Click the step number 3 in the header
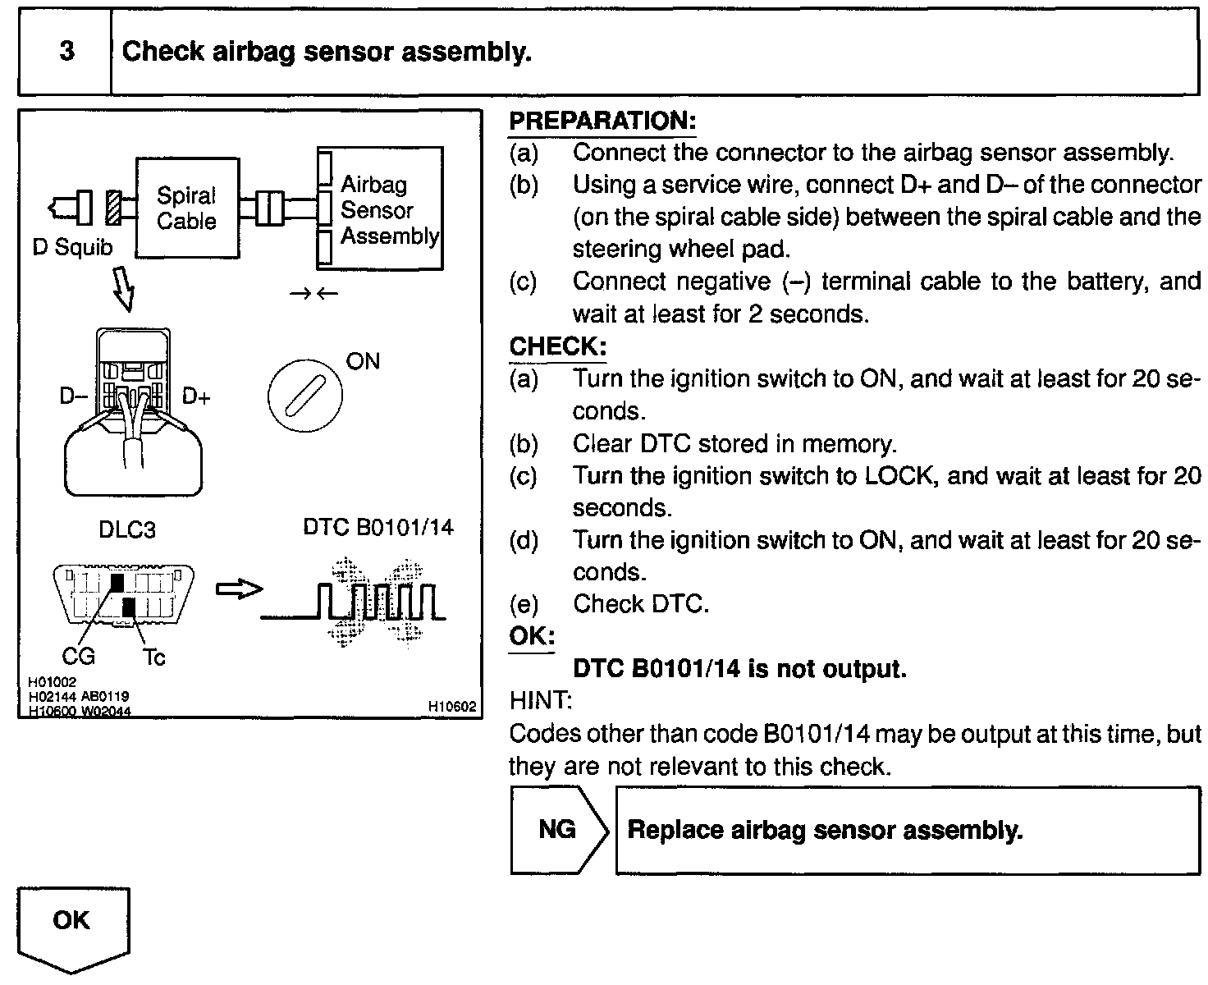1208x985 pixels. click(66, 52)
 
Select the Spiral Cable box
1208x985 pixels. click(187, 208)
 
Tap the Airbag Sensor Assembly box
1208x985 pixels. click(380, 209)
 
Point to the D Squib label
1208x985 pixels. click(72, 247)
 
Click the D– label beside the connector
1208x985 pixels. click(73, 396)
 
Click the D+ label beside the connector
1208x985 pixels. click(196, 397)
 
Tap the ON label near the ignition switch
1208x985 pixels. click(363, 361)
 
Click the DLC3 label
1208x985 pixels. click(126, 529)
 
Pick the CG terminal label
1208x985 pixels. click(79, 656)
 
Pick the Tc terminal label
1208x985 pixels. click(153, 657)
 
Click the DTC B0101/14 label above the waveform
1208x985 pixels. click(378, 526)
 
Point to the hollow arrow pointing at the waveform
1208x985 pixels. click(239, 589)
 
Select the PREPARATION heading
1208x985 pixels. click(602, 121)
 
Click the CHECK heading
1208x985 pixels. click(557, 346)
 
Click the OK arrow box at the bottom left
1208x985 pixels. click(73, 927)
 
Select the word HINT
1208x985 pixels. click(541, 701)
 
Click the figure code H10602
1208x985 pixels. click(452, 706)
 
